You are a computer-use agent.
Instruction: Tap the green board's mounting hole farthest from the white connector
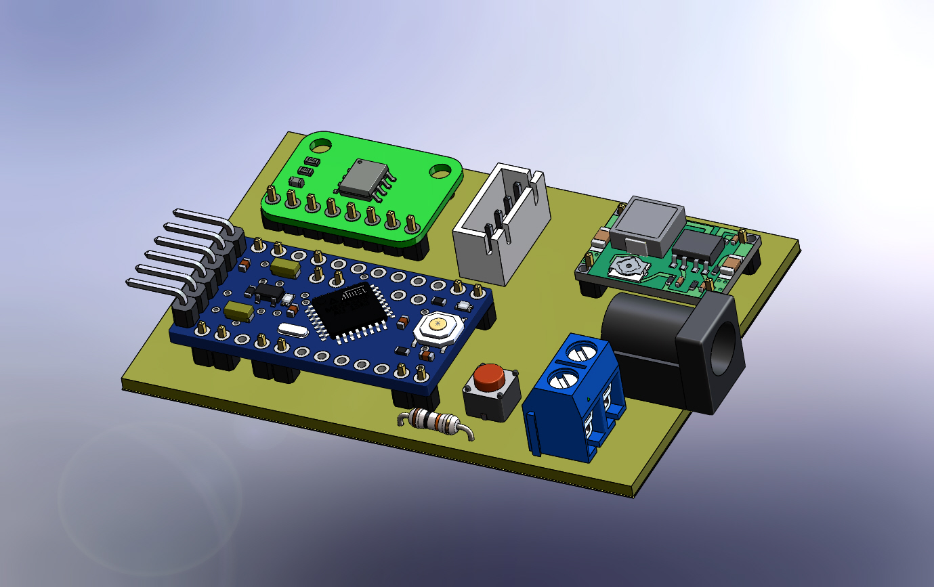pyautogui.click(x=320, y=144)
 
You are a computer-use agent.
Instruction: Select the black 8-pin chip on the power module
pyautogui.click(x=698, y=247)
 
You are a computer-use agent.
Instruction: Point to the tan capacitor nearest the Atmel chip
pyautogui.click(x=285, y=269)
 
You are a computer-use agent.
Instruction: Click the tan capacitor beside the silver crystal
pyautogui.click(x=239, y=311)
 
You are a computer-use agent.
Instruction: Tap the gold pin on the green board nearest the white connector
pyautogui.click(x=410, y=221)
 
